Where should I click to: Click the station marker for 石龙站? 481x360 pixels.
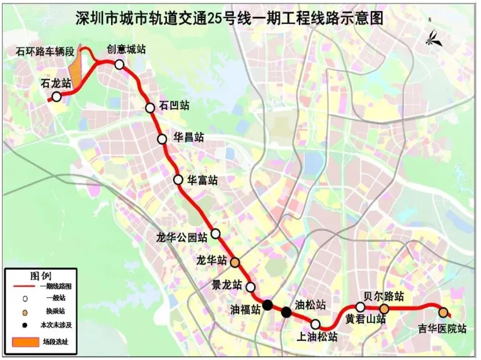[x=57, y=97]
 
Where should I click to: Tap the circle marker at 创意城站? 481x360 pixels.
[x=119, y=64]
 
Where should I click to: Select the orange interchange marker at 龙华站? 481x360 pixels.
[x=235, y=262]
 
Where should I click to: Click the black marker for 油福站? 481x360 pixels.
[x=267, y=304]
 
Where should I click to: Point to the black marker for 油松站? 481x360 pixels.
[x=286, y=312]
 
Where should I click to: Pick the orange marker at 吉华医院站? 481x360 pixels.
[x=443, y=312]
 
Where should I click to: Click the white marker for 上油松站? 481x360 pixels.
[x=315, y=324]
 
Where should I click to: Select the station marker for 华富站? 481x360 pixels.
[x=178, y=180]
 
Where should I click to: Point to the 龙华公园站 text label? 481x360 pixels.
[x=182, y=237]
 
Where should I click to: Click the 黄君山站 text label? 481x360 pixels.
[x=365, y=319]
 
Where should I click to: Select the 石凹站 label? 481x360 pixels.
[x=174, y=106]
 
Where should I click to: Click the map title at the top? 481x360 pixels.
[x=229, y=18]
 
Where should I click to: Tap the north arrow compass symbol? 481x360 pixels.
[x=433, y=37]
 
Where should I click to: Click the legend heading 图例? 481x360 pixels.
[x=40, y=276]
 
